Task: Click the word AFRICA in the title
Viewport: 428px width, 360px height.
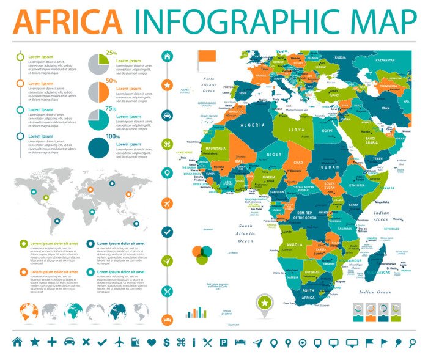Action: (67, 21)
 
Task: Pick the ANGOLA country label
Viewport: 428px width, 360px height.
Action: (294, 245)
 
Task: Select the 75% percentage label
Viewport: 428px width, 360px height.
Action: (111, 109)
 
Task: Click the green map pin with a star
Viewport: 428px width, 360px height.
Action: (265, 303)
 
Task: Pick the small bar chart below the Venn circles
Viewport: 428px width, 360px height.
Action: (196, 312)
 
